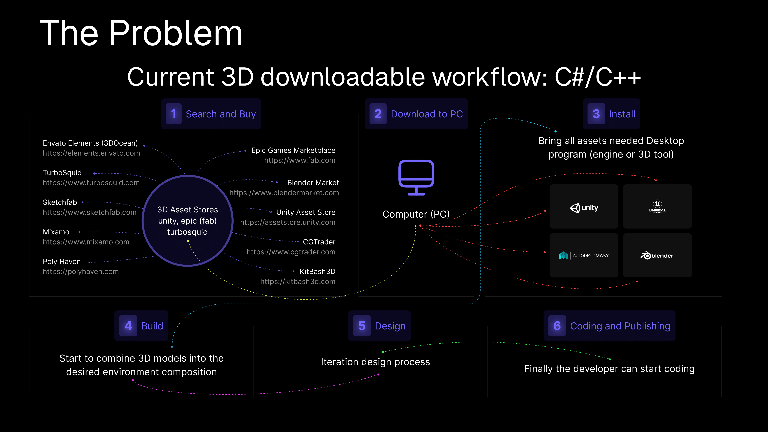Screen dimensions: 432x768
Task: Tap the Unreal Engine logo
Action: (657, 206)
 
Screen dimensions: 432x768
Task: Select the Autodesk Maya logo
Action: (584, 255)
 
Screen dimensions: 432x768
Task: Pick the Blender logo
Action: (657, 255)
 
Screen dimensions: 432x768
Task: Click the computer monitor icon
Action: (416, 177)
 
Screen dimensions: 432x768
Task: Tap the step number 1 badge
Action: (173, 114)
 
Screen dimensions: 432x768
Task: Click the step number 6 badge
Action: (557, 326)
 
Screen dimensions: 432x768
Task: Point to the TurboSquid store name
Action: (62, 173)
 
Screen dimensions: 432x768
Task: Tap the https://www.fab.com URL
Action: (300, 160)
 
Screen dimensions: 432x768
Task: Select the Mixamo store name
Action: (56, 232)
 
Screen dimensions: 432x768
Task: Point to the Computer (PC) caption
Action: (416, 214)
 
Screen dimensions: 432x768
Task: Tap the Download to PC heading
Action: (427, 114)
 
